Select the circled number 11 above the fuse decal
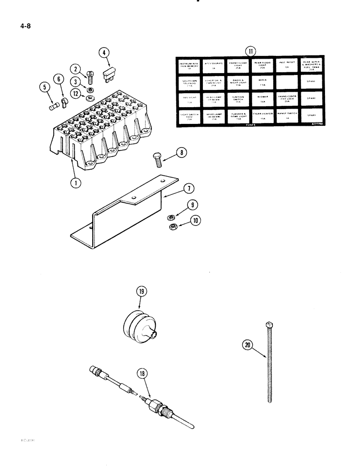pos(251,51)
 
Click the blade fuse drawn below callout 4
pos(110,73)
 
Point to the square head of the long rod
pos(270,324)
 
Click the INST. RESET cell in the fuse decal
pos(288,65)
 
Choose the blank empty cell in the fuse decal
pos(288,82)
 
